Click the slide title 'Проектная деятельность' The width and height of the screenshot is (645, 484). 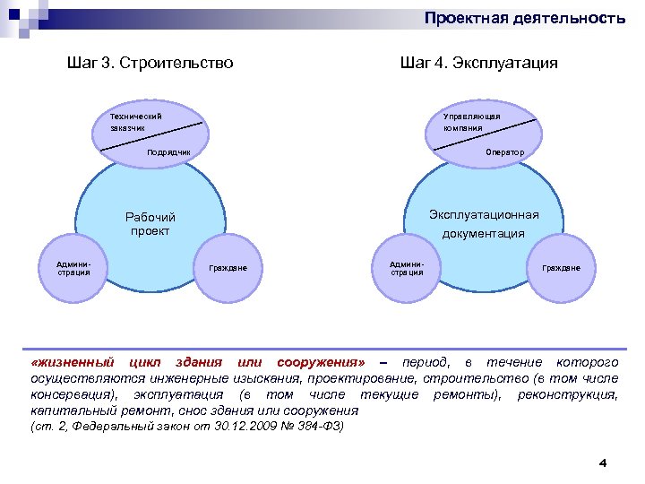click(x=524, y=18)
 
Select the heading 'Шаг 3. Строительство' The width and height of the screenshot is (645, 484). click(x=150, y=63)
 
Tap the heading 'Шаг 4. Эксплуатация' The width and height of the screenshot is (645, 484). click(x=479, y=63)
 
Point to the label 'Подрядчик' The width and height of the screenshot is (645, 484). click(x=169, y=152)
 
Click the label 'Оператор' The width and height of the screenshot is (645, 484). click(x=505, y=152)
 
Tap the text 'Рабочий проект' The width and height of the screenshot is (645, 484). click(x=150, y=224)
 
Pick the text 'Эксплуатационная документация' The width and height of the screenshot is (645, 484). click(x=484, y=224)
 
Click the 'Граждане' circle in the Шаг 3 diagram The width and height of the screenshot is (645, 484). click(x=228, y=268)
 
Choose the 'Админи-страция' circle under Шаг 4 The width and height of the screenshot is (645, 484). click(x=407, y=268)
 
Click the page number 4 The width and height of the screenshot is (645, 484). click(x=602, y=462)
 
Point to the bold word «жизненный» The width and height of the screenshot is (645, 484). click(x=73, y=362)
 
